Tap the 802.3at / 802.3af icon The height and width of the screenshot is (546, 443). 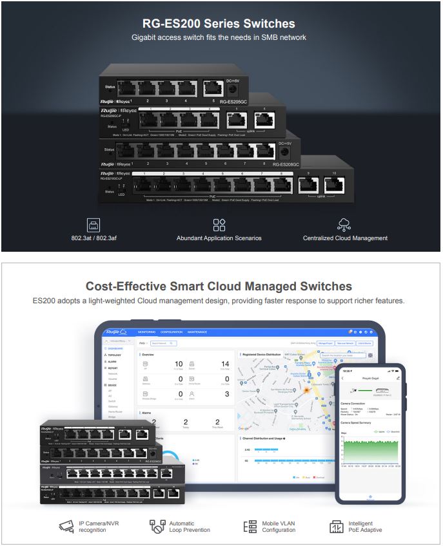click(x=94, y=224)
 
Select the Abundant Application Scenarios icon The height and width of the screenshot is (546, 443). click(x=219, y=225)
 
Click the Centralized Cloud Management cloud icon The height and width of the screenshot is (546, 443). click(x=344, y=225)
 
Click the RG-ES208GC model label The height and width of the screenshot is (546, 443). click(x=286, y=164)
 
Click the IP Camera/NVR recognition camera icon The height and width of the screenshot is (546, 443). click(x=68, y=526)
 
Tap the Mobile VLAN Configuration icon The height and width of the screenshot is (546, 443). click(x=250, y=526)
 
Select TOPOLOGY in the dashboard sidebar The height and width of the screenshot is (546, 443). click(x=114, y=355)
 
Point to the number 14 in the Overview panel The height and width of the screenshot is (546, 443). click(x=225, y=364)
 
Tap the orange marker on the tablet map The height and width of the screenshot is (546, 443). click(x=307, y=390)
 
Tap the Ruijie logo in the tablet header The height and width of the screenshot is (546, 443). click(x=115, y=332)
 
